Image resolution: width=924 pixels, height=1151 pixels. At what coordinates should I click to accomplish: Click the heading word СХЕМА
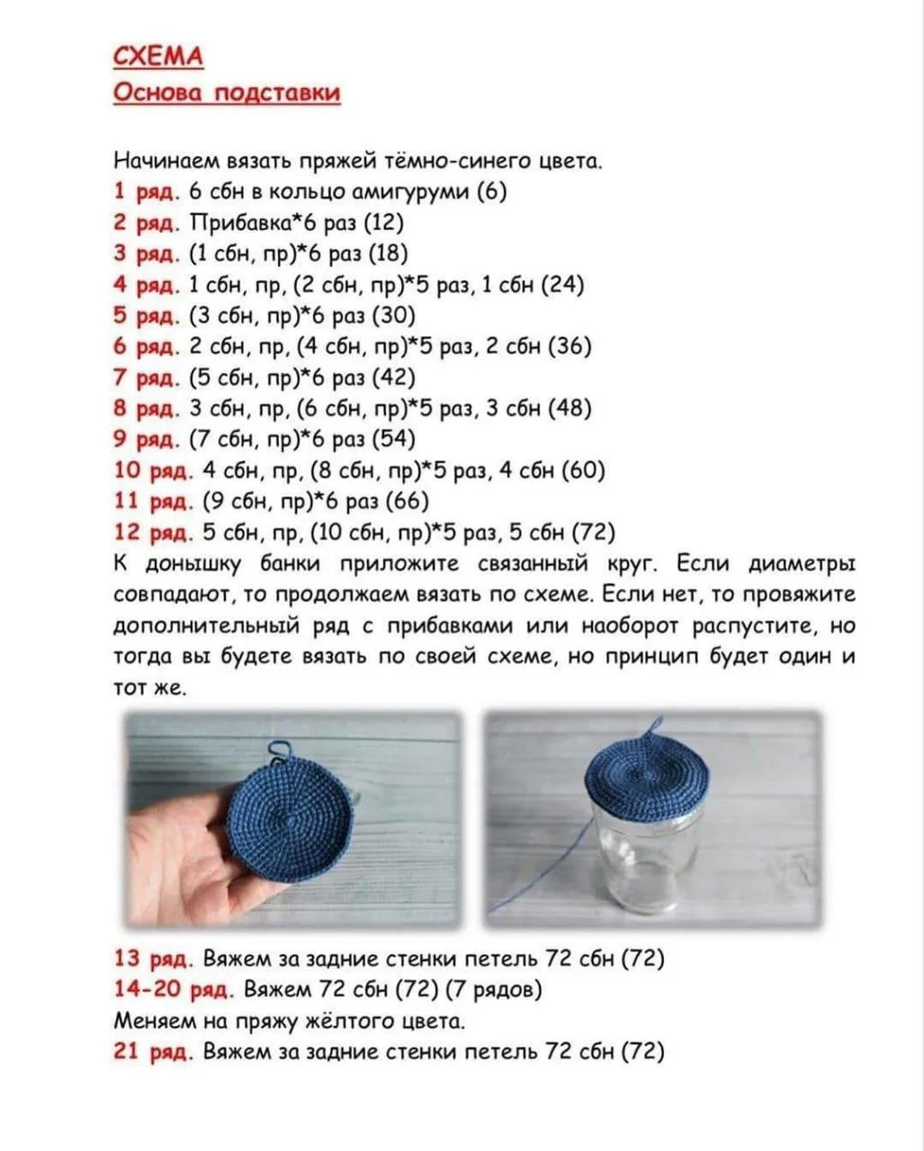[x=158, y=58]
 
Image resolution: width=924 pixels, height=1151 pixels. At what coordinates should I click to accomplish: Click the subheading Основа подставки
[x=227, y=93]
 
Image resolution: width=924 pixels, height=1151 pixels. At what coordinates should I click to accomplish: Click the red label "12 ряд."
[x=153, y=532]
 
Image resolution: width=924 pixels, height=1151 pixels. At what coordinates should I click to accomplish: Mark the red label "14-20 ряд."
[x=174, y=990]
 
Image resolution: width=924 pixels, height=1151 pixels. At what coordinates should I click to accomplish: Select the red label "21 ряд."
[x=153, y=1051]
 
